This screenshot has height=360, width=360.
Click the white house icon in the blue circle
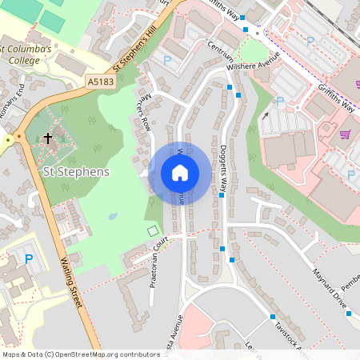coord(180,172)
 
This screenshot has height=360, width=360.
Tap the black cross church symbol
coord(47,138)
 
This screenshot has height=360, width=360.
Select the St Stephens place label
coord(76,171)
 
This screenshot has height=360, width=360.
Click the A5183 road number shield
coord(102,82)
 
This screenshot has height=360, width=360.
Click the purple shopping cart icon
coord(346,134)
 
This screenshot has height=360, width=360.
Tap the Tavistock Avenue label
coord(288,336)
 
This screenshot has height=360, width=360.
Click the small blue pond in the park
coord(113,216)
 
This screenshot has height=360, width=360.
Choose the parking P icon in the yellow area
coord(30,259)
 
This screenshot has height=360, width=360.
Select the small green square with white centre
coord(153,231)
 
